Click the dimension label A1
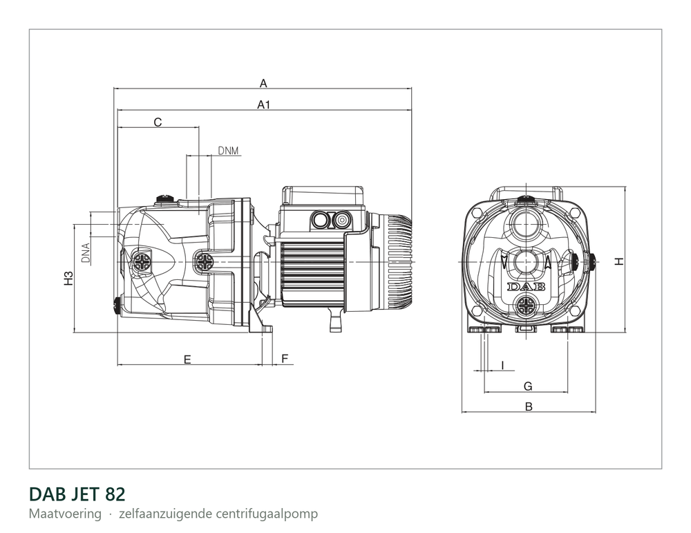(263, 104)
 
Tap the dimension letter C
(158, 122)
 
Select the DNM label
(228, 151)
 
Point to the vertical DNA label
(86, 253)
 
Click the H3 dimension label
(68, 278)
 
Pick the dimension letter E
(187, 359)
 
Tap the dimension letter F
(285, 358)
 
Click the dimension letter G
(528, 386)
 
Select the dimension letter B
(529, 406)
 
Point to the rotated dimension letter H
(620, 261)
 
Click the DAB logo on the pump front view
(526, 287)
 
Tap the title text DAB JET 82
(77, 494)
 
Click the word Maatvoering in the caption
(65, 514)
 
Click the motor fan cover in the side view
(400, 261)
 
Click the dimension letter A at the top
(263, 83)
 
